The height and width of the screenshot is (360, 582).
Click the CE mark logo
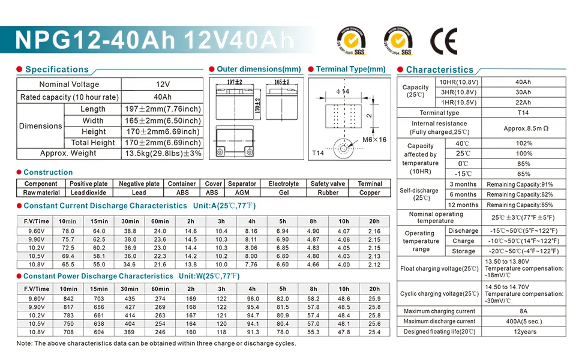click(443, 41)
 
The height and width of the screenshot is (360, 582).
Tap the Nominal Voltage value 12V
click(163, 85)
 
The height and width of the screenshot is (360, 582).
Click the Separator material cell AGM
click(242, 193)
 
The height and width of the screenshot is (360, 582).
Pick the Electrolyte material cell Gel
click(283, 193)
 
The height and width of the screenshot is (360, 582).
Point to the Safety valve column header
click(328, 184)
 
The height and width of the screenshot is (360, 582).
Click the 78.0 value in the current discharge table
click(68, 231)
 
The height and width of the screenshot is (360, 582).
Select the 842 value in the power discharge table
click(68, 299)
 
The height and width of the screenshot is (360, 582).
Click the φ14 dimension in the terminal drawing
click(343, 91)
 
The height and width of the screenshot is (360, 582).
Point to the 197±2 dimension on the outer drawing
click(235, 82)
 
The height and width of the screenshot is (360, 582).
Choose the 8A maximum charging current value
click(523, 311)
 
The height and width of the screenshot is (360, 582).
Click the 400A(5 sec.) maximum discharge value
click(523, 322)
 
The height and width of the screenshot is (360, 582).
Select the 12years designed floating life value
click(523, 332)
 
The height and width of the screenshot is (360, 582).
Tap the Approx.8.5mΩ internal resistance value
click(523, 128)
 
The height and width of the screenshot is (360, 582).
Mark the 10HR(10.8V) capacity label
click(458, 82)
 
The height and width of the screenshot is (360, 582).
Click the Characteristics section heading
click(439, 70)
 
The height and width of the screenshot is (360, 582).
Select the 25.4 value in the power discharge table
click(374, 332)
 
